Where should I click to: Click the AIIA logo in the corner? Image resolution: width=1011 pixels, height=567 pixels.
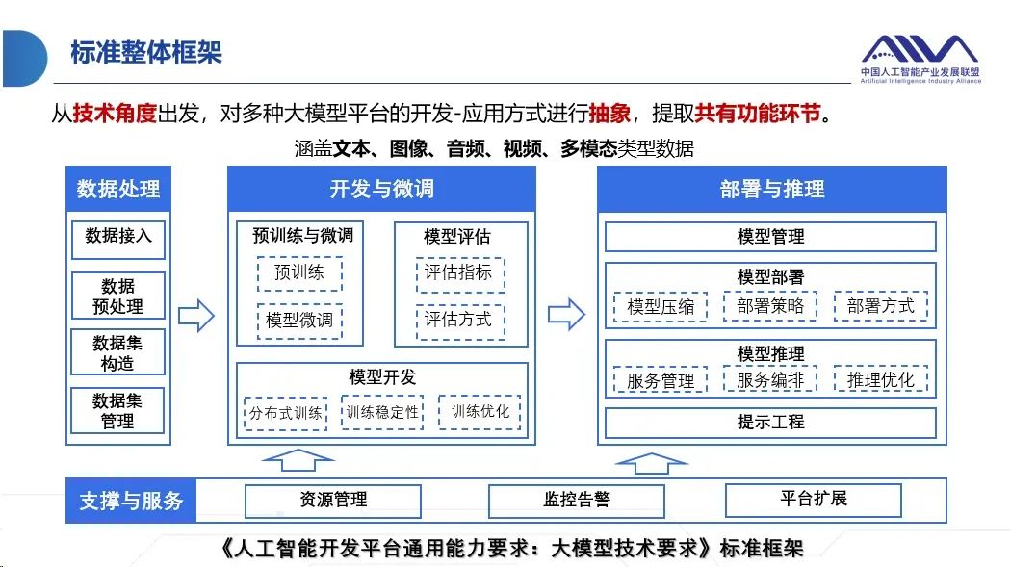tap(920, 60)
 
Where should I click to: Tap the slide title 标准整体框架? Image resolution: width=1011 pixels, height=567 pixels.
tap(146, 53)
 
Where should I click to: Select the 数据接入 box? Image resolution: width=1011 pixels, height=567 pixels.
tap(118, 240)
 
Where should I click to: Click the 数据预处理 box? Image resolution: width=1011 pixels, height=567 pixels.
tap(118, 296)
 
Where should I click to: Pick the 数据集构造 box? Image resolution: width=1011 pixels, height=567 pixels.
tap(118, 352)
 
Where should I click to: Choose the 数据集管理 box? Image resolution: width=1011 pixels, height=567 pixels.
tap(118, 410)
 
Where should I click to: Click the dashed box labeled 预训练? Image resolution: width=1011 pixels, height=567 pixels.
tap(299, 273)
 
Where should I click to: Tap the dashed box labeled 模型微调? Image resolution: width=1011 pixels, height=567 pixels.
tap(299, 321)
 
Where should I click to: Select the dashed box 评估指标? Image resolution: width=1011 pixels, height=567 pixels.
tap(459, 274)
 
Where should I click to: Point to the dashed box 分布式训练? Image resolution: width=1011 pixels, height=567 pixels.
tap(286, 413)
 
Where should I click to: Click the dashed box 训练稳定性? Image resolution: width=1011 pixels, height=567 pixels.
tap(382, 412)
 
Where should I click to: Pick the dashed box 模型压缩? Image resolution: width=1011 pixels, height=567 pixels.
tap(661, 307)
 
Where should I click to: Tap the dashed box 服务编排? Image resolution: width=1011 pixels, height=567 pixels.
tap(770, 379)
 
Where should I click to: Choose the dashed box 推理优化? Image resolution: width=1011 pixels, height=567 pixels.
tap(880, 379)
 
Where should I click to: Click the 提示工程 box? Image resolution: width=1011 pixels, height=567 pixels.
tap(770, 423)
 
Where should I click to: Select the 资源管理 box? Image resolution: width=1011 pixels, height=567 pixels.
tap(333, 501)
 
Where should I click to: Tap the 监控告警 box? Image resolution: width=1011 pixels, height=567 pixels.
tap(577, 501)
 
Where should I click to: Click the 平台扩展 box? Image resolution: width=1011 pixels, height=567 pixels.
tap(813, 500)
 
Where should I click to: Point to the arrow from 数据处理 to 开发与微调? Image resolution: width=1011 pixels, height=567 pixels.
tap(196, 316)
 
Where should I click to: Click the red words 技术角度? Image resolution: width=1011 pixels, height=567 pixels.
tap(115, 114)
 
